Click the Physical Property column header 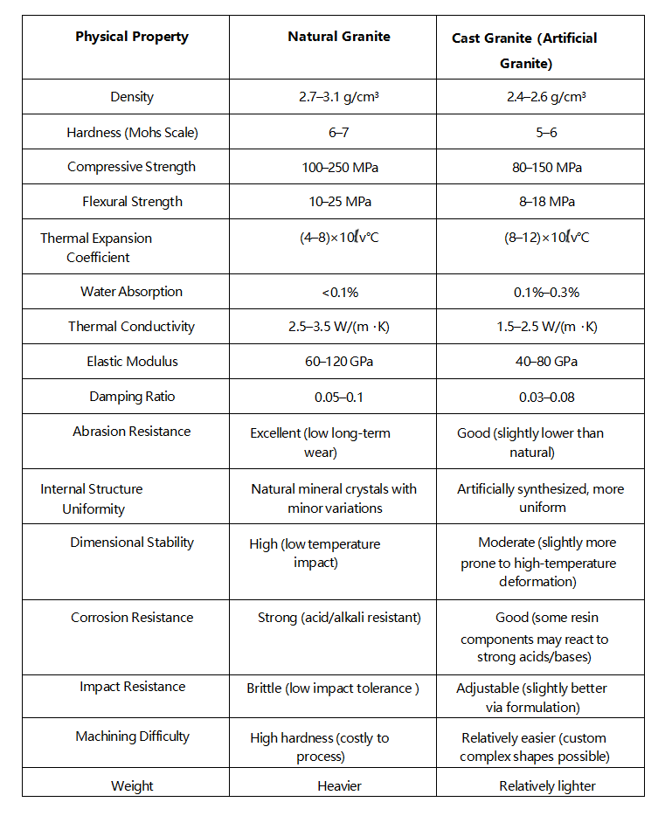coord(131,37)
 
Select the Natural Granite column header coord(339,37)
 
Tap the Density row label coord(132,97)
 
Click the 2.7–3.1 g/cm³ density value coord(339,97)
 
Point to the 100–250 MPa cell coord(339,167)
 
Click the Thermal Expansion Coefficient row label coord(97,247)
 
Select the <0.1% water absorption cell coord(339,292)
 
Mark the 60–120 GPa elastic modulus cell coord(339,362)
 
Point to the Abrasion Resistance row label coord(131,432)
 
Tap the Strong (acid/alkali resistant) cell coord(339,618)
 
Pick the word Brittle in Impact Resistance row coord(264,688)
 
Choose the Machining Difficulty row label coord(132,736)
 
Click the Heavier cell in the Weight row coord(339,786)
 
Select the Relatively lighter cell coord(547,786)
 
